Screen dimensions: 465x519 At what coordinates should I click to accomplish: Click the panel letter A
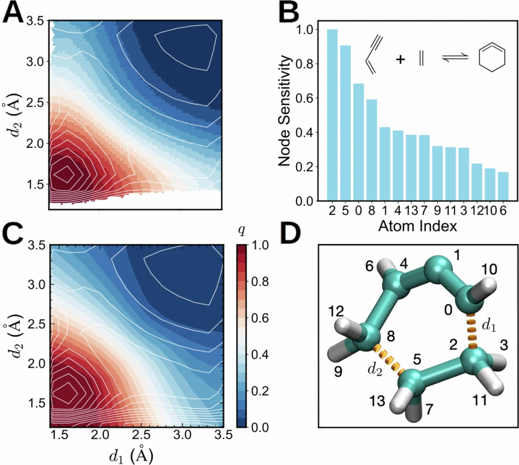click(13, 13)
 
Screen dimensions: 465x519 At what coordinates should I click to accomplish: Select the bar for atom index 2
click(332, 115)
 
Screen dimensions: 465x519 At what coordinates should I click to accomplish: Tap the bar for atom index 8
click(371, 150)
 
